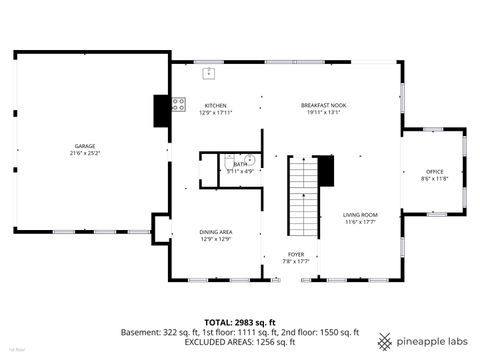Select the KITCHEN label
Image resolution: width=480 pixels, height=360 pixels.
(x=215, y=105)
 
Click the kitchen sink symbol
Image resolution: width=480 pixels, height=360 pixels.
(x=210, y=72)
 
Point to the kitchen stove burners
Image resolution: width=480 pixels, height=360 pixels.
(x=178, y=102)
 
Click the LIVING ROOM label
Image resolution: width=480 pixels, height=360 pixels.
(x=360, y=215)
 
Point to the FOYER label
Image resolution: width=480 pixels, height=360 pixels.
(x=296, y=254)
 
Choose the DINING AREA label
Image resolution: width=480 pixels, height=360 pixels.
(x=215, y=231)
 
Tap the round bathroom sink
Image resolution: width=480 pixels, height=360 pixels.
(x=250, y=161)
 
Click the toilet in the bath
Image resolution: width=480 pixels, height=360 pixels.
(x=228, y=158)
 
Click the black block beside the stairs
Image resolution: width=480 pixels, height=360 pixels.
(x=324, y=170)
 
